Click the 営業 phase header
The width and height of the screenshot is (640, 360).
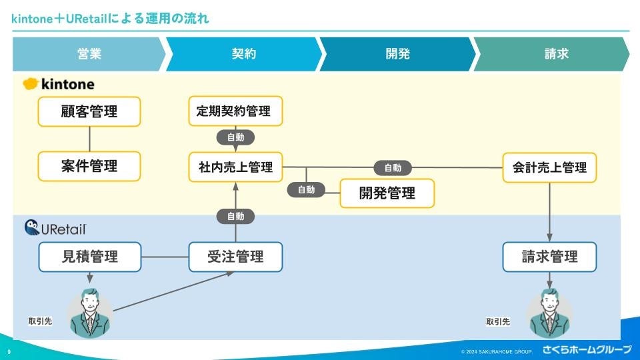point(89,55)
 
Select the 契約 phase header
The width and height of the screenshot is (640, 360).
point(243,55)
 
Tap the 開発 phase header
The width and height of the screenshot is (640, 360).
point(397,55)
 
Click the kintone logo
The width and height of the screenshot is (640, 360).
point(59,85)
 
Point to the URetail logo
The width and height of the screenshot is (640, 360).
point(55,228)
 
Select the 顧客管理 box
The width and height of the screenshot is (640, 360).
point(89,111)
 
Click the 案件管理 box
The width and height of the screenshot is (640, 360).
point(89,166)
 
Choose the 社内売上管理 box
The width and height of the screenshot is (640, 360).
point(235,167)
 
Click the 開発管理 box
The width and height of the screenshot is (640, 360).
point(387,193)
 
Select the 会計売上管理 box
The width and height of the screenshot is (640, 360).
point(549,167)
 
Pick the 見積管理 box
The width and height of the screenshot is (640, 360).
point(89,257)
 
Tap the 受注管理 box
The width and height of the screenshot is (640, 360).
point(235,257)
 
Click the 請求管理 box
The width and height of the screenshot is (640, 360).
point(549,257)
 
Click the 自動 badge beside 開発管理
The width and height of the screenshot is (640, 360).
point(306,190)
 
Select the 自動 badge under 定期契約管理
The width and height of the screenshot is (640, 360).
point(235,137)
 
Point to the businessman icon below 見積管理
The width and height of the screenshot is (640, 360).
point(90,312)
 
